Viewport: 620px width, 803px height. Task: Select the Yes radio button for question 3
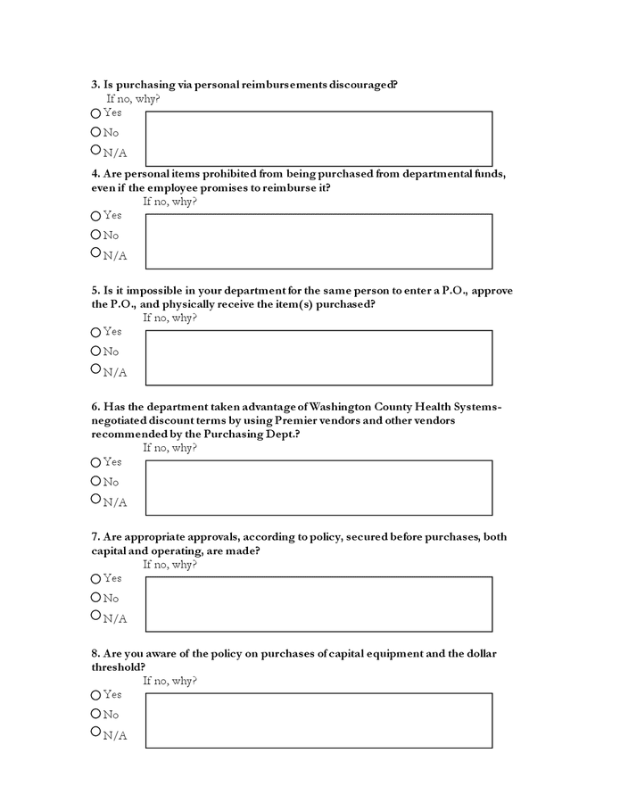[x=95, y=113]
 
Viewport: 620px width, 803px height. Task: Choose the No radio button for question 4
[x=95, y=235]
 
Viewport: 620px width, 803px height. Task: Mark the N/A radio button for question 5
[x=95, y=368]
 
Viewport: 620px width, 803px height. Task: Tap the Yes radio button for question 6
[x=95, y=462]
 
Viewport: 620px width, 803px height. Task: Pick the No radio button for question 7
[x=95, y=598]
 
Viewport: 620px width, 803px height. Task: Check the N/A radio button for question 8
[x=95, y=732]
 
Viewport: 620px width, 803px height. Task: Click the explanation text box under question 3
[x=318, y=138]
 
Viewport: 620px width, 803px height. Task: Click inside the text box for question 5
[x=318, y=358]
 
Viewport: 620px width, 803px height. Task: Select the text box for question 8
[x=318, y=720]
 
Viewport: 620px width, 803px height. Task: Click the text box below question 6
[x=318, y=487]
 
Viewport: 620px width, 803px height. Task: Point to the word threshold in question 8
[x=115, y=666]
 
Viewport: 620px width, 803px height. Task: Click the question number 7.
[x=95, y=537]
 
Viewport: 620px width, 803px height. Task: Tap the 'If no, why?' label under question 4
[x=169, y=201]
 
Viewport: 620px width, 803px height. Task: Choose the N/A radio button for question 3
[x=95, y=150]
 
